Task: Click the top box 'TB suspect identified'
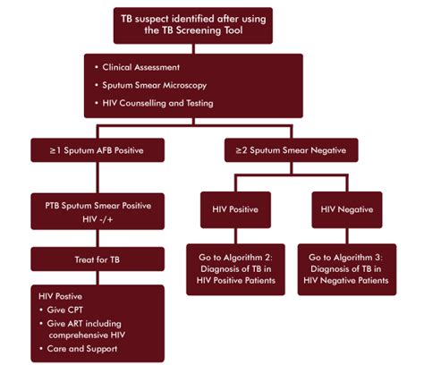[212, 25]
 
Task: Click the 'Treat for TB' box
[98, 260]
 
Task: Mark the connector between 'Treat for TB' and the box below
[98, 278]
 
